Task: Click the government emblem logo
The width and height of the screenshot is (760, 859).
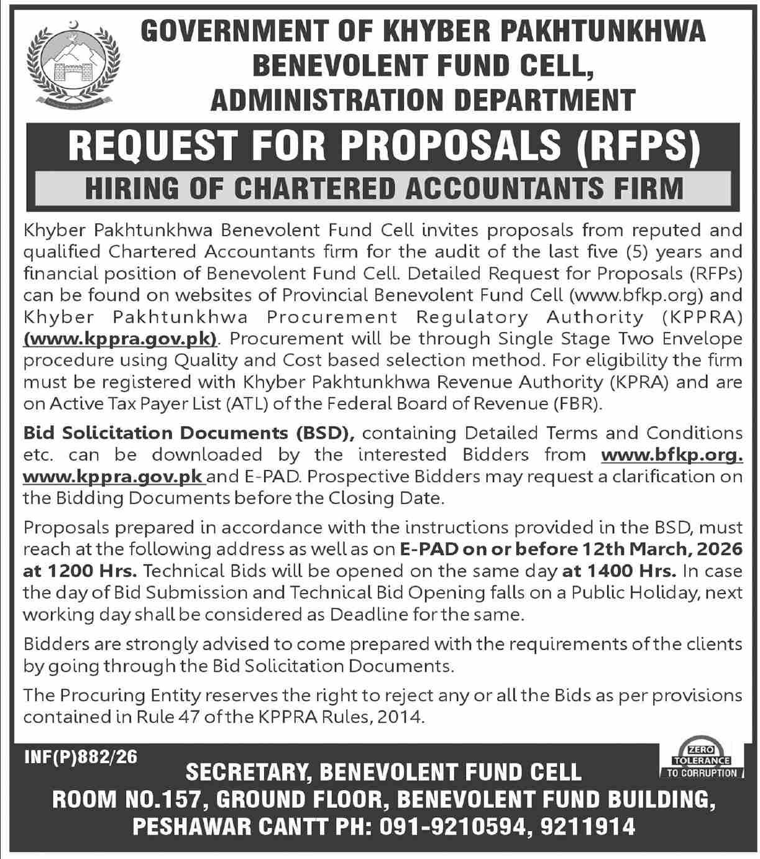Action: coord(74,63)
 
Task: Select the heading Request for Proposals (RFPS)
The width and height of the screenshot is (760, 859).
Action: coord(384,144)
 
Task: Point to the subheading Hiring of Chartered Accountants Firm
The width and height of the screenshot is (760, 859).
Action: coord(384,187)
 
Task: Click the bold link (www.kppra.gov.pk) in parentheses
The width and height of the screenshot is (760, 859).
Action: coord(121,339)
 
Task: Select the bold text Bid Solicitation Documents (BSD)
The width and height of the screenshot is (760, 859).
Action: coord(188,433)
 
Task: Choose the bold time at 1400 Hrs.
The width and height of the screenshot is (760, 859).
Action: coord(618,571)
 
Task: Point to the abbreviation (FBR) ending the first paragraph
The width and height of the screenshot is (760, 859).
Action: coord(577,404)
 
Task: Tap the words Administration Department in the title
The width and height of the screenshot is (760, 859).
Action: coord(423,99)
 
